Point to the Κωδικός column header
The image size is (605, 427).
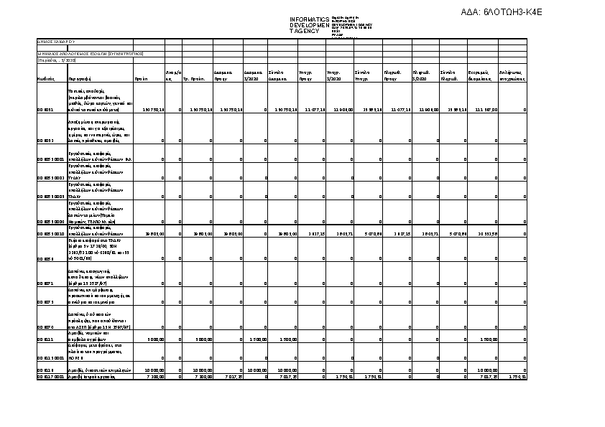[46, 79]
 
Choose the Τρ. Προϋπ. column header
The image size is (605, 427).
[195, 79]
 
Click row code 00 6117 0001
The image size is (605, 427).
[50, 376]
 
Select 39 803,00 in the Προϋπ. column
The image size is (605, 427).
[155, 234]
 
